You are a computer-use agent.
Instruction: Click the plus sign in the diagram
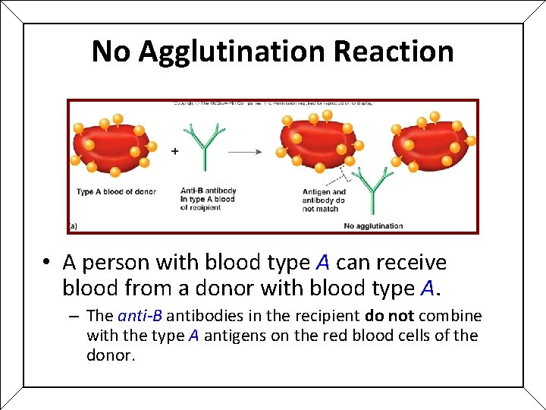click(175, 151)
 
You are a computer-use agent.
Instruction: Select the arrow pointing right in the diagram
click(245, 152)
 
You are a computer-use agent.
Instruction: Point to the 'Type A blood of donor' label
click(116, 191)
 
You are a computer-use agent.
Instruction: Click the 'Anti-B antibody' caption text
click(208, 191)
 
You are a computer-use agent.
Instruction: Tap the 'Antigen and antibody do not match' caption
click(324, 200)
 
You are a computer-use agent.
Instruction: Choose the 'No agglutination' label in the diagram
click(373, 225)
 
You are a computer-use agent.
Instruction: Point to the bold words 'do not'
click(390, 316)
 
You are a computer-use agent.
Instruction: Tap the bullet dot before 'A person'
click(47, 263)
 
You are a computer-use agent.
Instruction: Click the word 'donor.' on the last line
click(111, 355)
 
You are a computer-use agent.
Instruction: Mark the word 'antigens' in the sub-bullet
click(230, 336)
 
